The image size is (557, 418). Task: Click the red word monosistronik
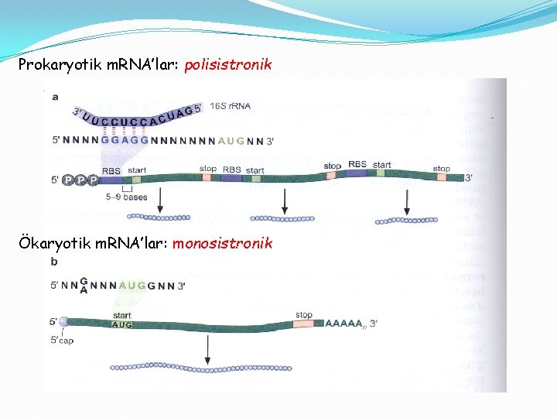pos(222,244)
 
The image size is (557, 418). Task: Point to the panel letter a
pos(55,97)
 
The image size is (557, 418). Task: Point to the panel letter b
pos(54,262)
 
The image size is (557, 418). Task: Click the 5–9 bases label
pos(125,197)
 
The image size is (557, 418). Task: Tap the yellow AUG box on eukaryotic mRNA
pos(122,325)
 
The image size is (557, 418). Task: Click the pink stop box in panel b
pos(303,324)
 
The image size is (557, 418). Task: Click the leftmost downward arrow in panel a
pos(160,200)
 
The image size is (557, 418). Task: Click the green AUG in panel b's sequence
pos(132,286)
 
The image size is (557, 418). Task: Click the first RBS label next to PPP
pos(111,170)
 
